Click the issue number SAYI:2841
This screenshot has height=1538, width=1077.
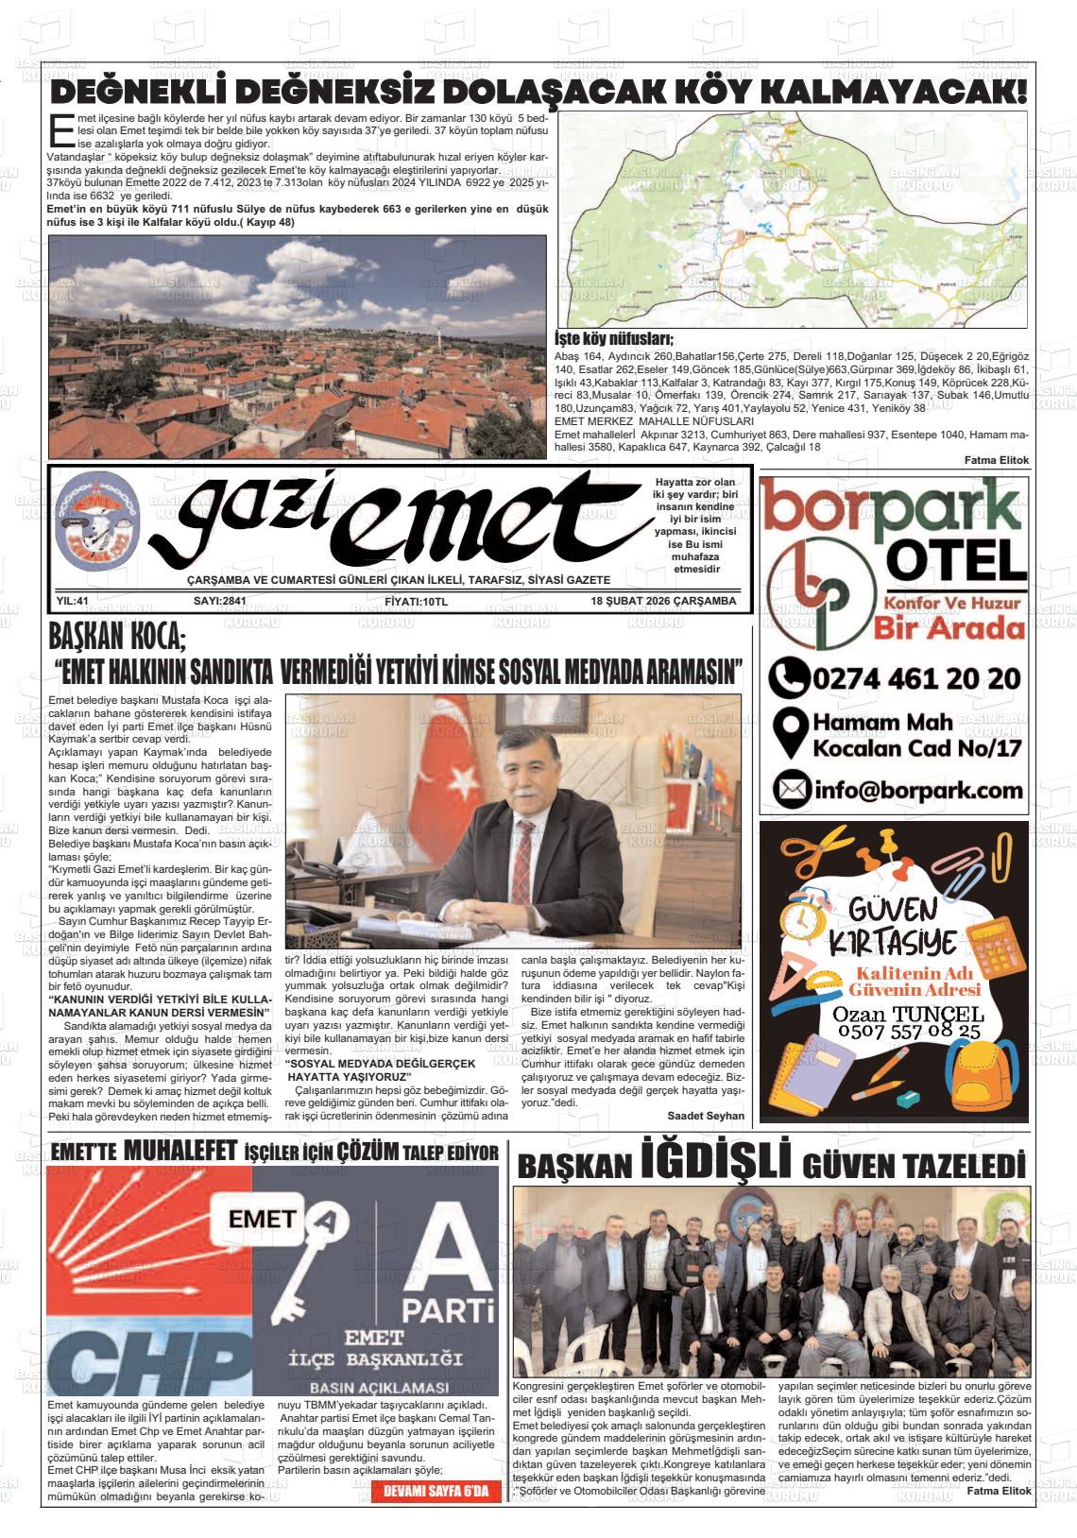click(x=219, y=601)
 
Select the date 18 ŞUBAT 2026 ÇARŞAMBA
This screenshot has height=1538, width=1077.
click(x=663, y=601)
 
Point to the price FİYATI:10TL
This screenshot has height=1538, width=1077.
click(x=417, y=601)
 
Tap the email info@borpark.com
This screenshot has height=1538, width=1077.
click(x=916, y=789)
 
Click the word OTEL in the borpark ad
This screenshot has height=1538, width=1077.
click(x=956, y=563)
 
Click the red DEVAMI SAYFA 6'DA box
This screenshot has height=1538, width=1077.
click(x=436, y=1493)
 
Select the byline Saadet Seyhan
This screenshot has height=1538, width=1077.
click(x=705, y=1116)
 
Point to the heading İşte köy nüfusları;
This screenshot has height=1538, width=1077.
click(x=613, y=339)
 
